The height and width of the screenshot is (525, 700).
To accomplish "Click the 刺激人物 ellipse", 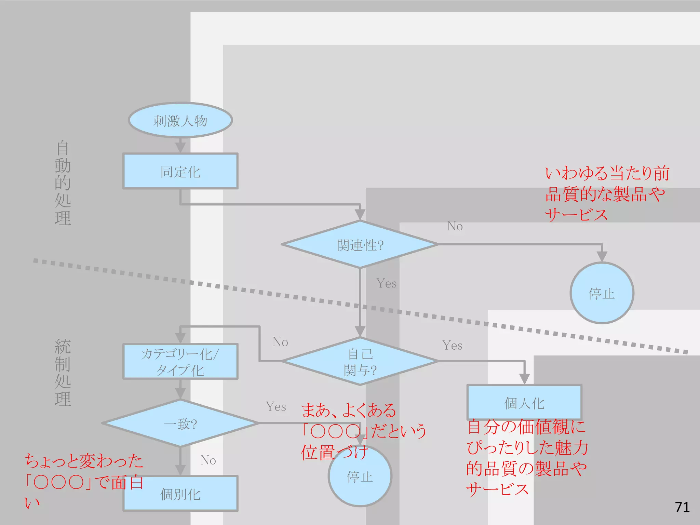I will coord(180,120).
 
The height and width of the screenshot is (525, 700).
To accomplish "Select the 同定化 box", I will coord(180,171).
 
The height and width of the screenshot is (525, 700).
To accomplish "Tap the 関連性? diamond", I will coord(360,244).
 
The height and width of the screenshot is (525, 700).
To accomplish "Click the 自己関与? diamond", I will coord(360,361).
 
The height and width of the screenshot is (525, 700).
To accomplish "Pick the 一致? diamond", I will coord(180,423).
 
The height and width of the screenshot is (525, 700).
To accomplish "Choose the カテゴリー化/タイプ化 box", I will coord(180,361).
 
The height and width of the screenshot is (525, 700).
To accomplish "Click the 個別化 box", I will coord(180,494).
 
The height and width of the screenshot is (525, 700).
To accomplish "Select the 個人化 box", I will coord(524,403).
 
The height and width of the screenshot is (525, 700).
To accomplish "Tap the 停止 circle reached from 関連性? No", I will coord(602,293).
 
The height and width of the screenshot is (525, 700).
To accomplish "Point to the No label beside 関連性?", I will coord(455,226).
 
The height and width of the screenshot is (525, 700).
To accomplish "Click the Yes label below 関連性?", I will coord(387,283).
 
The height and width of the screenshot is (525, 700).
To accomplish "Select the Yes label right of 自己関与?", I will coord(452,345).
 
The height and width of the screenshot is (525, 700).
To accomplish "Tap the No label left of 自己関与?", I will coord(280,342).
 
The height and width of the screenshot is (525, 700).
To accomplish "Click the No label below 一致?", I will coord(208,460).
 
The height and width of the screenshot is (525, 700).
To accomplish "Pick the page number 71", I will coord(682,507).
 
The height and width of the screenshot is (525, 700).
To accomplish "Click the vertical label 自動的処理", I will coord(63,183).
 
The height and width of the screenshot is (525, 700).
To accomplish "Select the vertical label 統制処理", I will coord(63,373).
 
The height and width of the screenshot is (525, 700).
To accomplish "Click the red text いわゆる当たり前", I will coord(607,173).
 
